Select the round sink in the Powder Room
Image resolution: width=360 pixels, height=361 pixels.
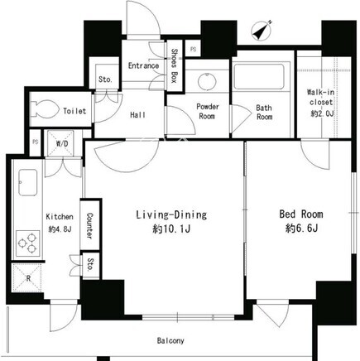click(x=207, y=81)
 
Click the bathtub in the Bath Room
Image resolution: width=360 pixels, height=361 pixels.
click(x=259, y=76)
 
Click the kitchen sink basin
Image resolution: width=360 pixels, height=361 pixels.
click(x=27, y=182)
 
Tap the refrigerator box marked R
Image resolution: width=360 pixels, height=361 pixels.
click(x=26, y=277)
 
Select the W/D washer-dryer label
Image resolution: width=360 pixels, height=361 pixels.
click(x=62, y=143)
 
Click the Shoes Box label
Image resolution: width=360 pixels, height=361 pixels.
click(x=174, y=66)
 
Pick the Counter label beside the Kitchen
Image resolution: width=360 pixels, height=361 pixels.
click(x=89, y=226)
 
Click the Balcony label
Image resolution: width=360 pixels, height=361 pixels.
click(x=170, y=341)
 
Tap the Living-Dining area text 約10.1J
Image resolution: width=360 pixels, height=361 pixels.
click(x=171, y=229)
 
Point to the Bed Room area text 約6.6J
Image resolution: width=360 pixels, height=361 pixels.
click(x=301, y=229)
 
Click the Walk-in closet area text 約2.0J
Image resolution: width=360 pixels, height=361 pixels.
click(x=321, y=113)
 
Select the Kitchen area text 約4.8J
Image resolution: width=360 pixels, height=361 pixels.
click(x=60, y=229)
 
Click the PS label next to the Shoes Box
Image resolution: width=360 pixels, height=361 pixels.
click(x=193, y=49)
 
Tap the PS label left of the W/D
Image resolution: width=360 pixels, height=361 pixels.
click(x=35, y=142)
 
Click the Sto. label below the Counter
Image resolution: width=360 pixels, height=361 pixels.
click(x=90, y=265)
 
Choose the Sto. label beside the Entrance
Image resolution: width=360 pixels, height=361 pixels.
click(x=105, y=79)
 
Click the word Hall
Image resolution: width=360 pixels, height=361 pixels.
click(x=138, y=115)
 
